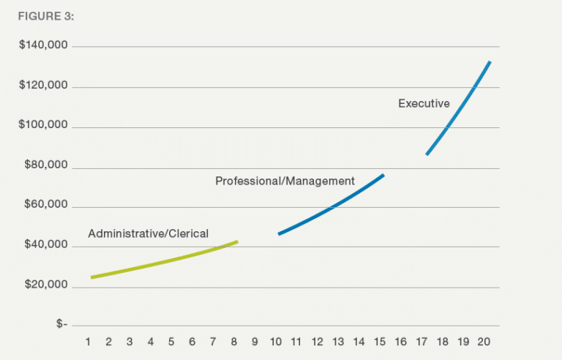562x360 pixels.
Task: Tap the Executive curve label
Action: coord(424,104)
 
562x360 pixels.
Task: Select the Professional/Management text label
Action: coord(285,181)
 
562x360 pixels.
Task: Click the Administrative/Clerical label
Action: coord(148,234)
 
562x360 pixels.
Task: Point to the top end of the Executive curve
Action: coord(490,62)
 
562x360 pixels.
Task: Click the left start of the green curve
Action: coord(92,277)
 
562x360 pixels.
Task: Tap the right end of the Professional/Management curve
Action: coord(383,175)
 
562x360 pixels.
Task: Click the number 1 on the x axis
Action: coord(88,342)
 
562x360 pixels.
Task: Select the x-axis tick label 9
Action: coord(255,342)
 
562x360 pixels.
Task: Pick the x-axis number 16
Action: coord(401,342)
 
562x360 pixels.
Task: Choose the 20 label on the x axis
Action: coord(484,342)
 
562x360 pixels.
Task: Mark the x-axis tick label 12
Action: coord(318,342)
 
